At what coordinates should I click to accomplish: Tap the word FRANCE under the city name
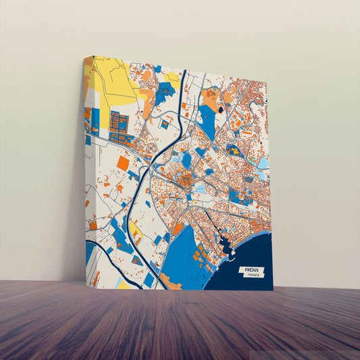pos(253,276)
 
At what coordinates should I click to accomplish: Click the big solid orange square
pos(122,163)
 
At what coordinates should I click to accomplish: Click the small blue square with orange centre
pos(164,124)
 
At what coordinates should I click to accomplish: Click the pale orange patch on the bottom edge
pos(169,284)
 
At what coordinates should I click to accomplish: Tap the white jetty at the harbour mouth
pos(232,255)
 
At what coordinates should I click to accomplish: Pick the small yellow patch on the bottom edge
pos(124,284)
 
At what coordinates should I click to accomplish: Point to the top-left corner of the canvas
pos(85,57)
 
